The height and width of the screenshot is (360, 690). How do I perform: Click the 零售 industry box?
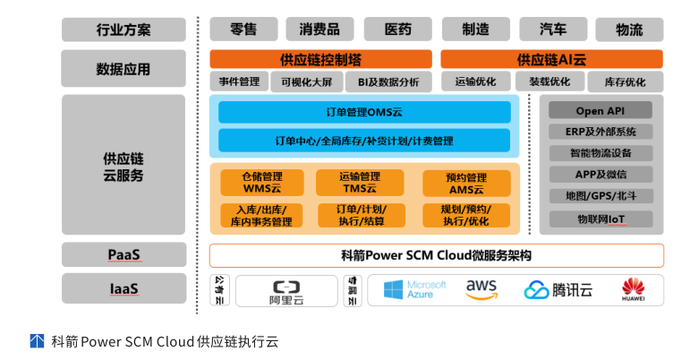(243, 29)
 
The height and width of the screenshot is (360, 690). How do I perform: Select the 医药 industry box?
(398, 29)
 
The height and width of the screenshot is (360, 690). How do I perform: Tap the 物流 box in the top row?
(629, 29)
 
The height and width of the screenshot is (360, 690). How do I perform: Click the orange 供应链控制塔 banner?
(320, 60)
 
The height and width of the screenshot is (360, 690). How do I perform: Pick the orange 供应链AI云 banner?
(551, 60)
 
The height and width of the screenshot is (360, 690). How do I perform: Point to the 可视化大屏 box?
(306, 82)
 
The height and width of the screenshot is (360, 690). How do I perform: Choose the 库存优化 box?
(625, 82)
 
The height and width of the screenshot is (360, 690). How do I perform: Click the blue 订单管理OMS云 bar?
(364, 113)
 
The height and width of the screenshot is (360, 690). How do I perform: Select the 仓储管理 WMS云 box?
(262, 183)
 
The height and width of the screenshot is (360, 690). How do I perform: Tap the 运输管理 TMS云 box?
(360, 183)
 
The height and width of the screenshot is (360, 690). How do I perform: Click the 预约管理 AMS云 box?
(466, 184)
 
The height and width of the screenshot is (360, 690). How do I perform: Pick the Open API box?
(601, 111)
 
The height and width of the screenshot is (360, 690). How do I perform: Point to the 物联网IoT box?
(601, 219)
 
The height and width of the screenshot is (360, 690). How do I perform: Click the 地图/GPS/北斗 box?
(601, 196)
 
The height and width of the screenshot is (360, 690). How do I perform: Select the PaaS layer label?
(124, 255)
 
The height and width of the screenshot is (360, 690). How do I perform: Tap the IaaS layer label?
(124, 289)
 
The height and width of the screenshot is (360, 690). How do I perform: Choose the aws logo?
(481, 289)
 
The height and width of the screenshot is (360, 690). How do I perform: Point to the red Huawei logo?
(634, 289)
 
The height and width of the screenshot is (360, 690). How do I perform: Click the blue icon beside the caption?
(38, 340)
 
